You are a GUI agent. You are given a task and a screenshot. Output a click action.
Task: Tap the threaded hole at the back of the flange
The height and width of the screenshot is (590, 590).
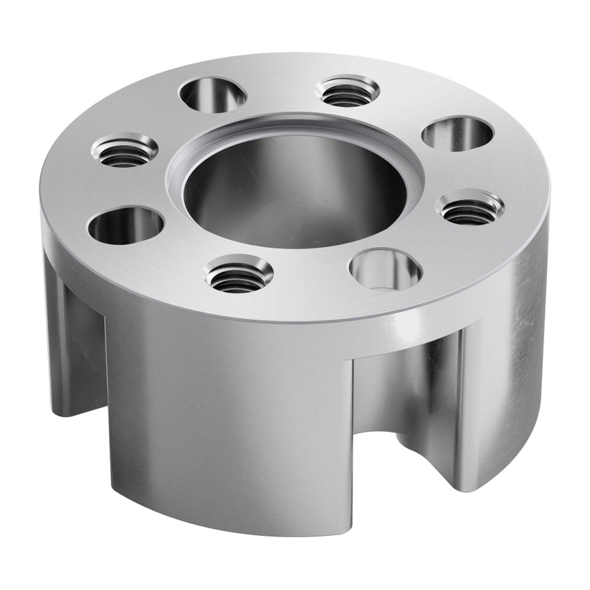click(347, 91)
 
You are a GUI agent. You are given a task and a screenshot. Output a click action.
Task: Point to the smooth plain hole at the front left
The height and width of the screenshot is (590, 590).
click(126, 226)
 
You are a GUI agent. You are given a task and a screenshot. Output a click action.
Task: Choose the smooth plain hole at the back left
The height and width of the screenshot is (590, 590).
click(212, 94)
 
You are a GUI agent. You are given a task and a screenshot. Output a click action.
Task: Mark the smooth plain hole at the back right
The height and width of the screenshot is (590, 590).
click(457, 133)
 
